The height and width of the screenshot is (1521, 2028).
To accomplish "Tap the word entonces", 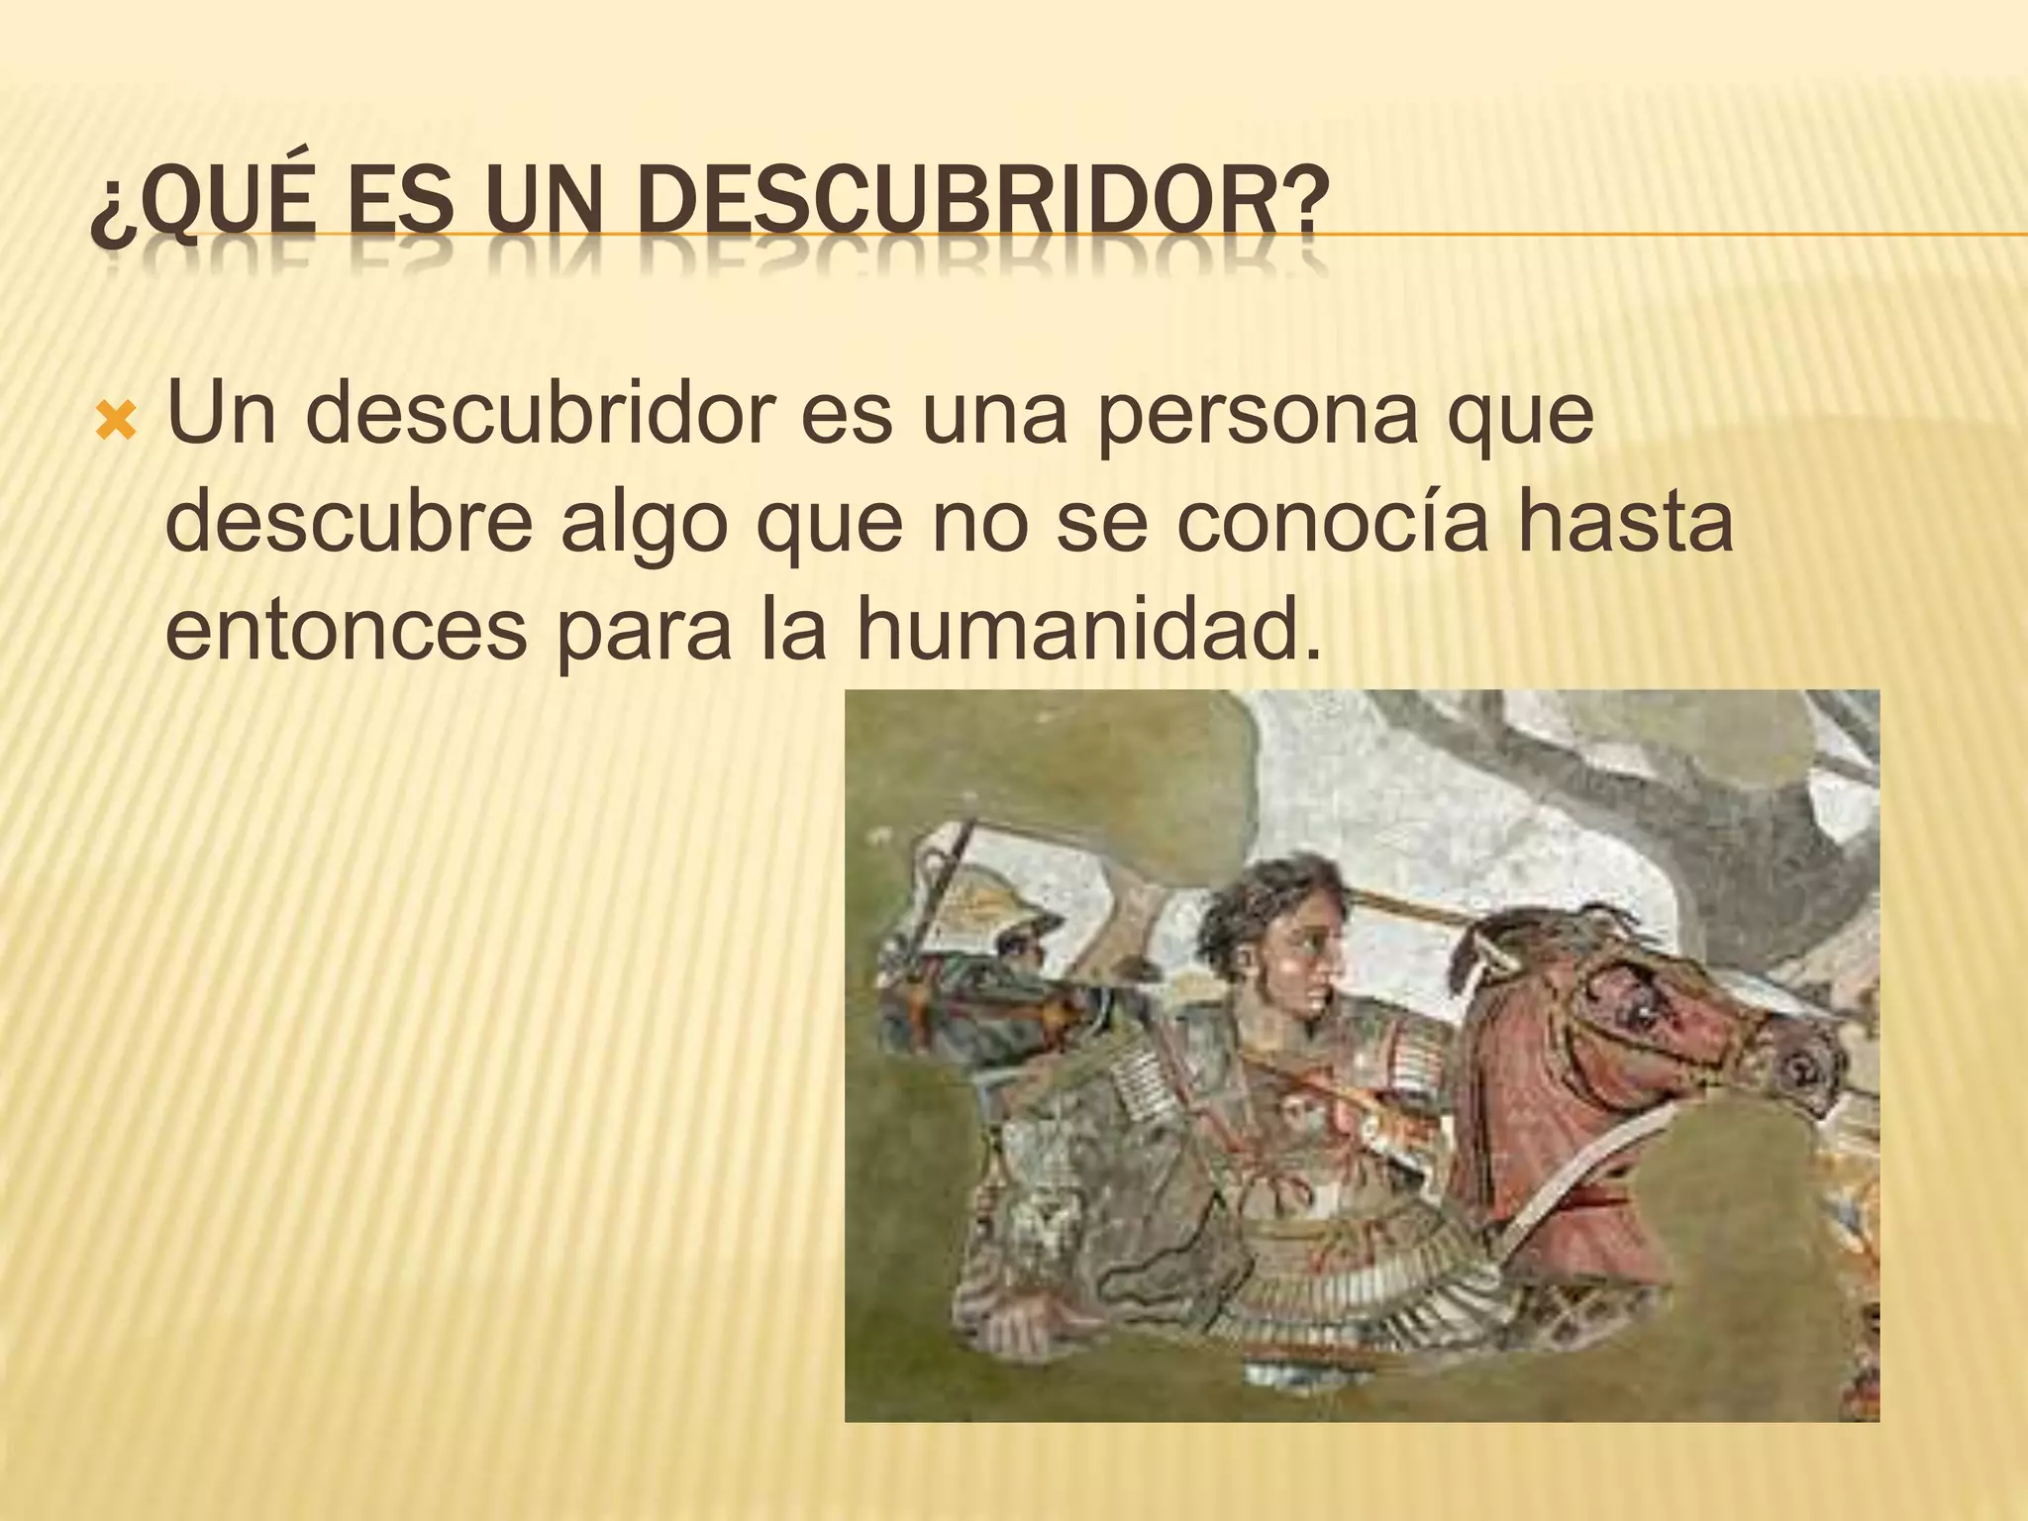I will coord(346,630).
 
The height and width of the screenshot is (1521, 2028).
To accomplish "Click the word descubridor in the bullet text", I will coord(540,416).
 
